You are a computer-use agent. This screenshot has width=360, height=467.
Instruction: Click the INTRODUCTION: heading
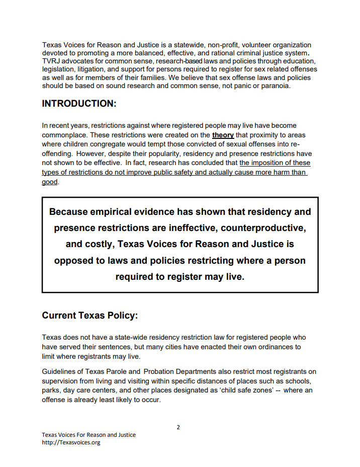(x=79, y=104)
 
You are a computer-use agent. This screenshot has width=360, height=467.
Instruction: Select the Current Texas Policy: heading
(x=89, y=316)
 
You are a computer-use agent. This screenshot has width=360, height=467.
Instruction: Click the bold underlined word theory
(x=223, y=135)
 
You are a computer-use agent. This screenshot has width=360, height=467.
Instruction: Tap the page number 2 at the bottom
(x=178, y=427)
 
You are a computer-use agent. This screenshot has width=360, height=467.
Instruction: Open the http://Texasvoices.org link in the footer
(x=71, y=442)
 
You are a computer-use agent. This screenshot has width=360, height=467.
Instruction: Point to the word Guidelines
(x=60, y=372)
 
